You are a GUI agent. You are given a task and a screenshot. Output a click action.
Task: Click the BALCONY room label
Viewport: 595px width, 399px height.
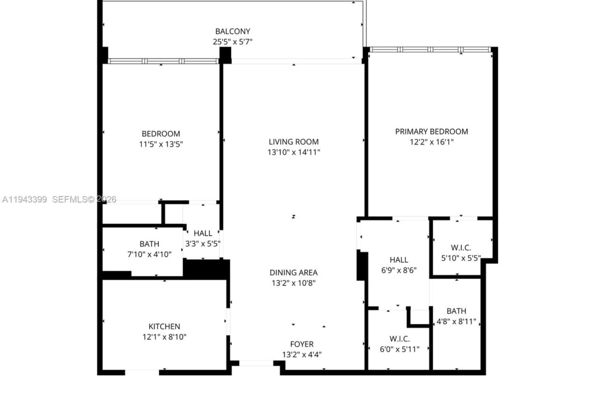pos(232,32)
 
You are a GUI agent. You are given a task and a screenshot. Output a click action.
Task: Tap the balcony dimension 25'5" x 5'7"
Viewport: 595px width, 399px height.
pos(232,42)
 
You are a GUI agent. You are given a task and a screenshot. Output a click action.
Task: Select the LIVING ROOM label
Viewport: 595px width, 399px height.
pos(294,142)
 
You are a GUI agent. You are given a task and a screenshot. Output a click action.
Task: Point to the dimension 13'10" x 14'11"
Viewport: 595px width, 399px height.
pos(294,152)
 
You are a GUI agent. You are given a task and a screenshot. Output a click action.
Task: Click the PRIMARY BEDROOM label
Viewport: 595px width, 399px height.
pos(431,132)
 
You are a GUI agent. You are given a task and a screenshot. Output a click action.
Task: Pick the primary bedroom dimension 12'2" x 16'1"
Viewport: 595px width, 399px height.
pos(431,142)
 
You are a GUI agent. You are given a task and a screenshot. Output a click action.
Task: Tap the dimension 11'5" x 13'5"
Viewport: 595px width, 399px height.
pos(161,144)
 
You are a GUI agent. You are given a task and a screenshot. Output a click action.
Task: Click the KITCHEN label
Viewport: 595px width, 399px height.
pos(164,326)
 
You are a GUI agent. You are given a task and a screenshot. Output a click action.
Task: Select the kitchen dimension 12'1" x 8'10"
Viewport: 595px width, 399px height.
pos(164,337)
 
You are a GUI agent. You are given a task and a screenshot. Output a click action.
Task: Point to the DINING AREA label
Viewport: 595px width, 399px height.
pos(294,273)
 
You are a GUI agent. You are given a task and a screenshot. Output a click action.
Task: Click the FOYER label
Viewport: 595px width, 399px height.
pos(302,345)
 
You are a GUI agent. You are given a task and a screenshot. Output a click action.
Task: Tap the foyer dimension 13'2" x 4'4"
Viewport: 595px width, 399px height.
pos(302,355)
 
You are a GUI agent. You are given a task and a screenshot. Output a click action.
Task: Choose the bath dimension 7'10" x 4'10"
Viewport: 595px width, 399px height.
pos(150,255)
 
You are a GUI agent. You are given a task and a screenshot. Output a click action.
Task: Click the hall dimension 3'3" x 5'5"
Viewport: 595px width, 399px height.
pos(203,244)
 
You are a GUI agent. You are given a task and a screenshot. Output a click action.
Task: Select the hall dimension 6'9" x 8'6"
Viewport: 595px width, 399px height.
pos(399,270)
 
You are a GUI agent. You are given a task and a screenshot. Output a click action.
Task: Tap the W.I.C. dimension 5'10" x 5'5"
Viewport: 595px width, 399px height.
pos(461,258)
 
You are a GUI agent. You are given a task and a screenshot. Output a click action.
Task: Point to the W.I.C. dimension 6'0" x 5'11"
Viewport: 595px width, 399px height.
pos(400,349)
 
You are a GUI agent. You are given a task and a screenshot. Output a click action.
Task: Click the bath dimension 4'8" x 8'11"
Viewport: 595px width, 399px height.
pos(457,322)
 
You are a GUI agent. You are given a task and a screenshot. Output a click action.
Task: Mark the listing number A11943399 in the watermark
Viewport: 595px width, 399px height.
pos(25,199)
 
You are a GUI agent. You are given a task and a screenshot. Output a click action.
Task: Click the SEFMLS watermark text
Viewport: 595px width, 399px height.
pos(70,199)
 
